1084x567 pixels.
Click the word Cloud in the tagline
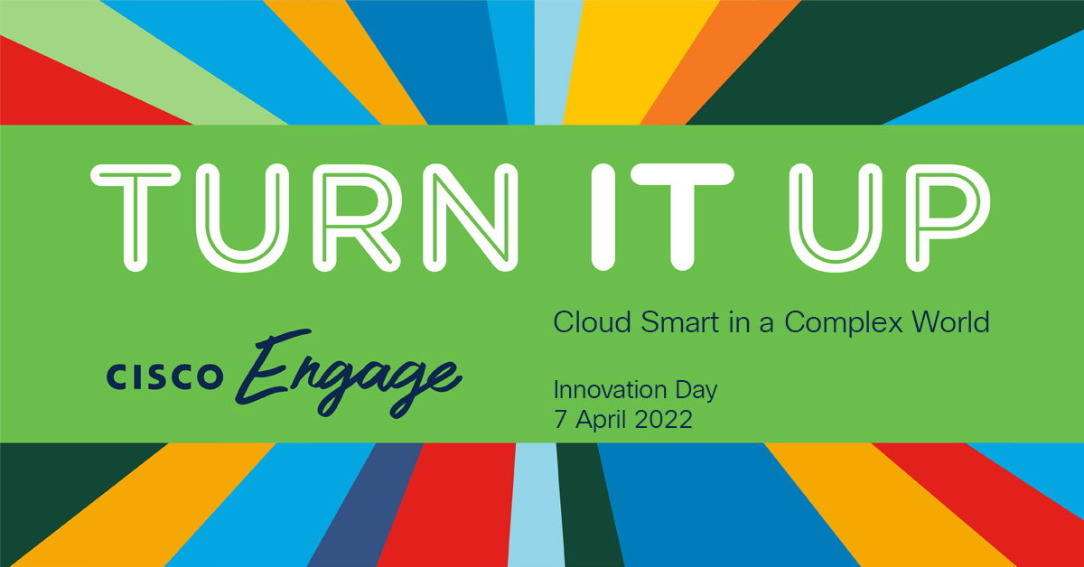click(x=586, y=321)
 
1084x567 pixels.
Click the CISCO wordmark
click(x=163, y=376)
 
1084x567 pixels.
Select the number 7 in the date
click(x=559, y=420)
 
